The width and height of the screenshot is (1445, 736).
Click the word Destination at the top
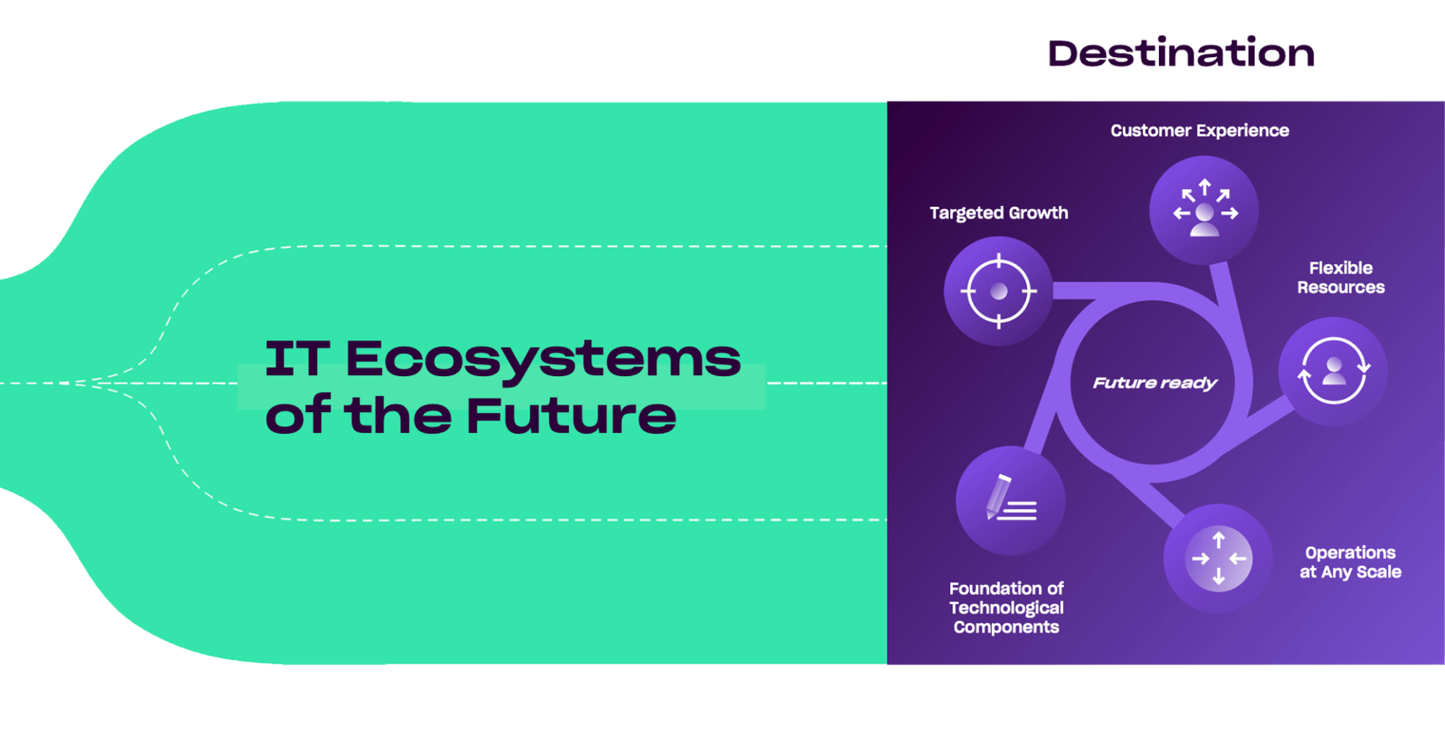[x=1180, y=54]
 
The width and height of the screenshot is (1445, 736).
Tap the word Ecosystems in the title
[x=543, y=359]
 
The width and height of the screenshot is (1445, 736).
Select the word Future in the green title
[x=571, y=416]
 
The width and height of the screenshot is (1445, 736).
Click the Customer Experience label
[x=1199, y=131]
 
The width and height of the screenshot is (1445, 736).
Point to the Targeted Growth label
[x=998, y=213]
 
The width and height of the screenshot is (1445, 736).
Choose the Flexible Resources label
[x=1340, y=278]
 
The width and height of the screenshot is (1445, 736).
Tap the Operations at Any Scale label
[x=1350, y=562]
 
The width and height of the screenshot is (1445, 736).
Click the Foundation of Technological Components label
[x=1006, y=607]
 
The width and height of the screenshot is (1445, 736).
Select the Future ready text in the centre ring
[x=1155, y=382]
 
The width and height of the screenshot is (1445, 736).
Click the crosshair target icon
[x=998, y=291]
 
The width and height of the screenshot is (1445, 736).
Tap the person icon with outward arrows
[x=1204, y=210]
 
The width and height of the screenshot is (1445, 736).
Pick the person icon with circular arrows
[x=1333, y=370]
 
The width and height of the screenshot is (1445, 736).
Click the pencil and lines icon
[x=1010, y=500]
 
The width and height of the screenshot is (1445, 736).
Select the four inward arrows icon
[x=1218, y=558]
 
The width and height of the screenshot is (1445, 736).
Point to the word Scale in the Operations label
[x=1379, y=572]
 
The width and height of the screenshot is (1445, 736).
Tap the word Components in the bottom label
[x=1006, y=627]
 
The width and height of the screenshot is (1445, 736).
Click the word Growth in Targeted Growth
[x=1038, y=213]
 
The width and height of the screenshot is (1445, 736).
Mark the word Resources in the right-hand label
[x=1340, y=288]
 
